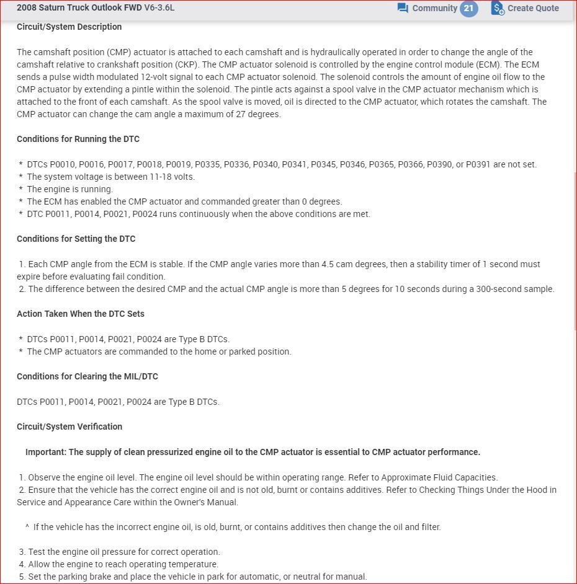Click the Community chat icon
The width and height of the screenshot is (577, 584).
[403, 8]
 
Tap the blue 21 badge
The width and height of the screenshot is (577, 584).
[469, 8]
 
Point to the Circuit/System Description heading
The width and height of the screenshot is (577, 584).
[69, 27]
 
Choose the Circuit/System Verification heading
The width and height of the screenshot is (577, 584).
[69, 427]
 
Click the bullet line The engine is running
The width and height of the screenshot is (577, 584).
[69, 189]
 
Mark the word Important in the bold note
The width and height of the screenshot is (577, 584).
[45, 452]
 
